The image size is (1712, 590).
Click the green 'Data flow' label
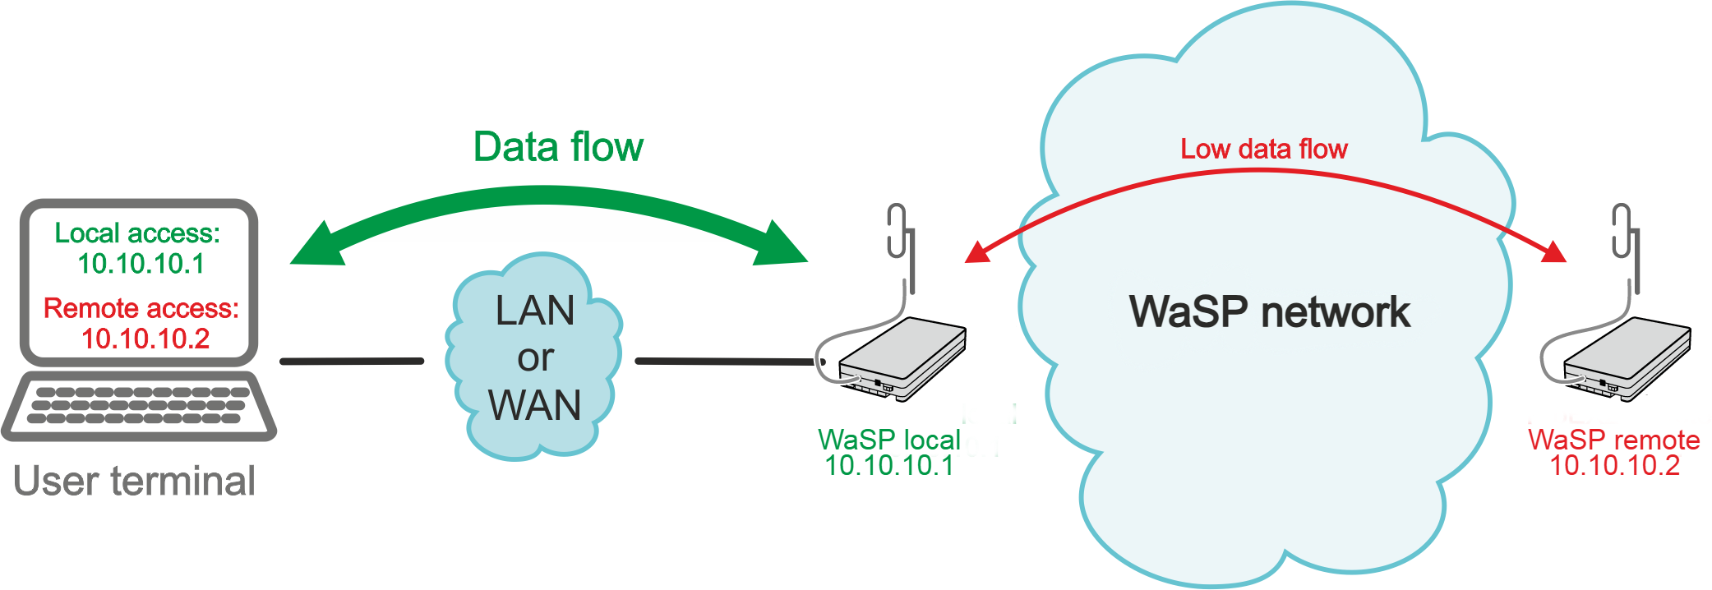point(558,147)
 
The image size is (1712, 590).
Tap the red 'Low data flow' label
point(1264,149)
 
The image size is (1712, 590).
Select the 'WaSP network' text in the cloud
point(1270,312)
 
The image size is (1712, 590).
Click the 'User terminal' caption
point(135,481)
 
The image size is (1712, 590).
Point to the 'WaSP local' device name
point(889,440)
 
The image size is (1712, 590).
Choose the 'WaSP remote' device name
point(1614,440)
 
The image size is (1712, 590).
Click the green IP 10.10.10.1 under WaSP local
point(889,466)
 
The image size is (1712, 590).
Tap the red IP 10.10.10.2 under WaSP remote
point(1614,466)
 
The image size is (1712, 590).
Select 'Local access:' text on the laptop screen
point(137,233)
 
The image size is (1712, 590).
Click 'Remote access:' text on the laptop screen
point(141,308)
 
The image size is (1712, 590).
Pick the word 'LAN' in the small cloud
point(535,311)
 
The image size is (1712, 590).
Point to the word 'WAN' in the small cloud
point(534,405)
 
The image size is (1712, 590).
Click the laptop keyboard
point(138,406)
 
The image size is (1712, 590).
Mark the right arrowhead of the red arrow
point(1553,251)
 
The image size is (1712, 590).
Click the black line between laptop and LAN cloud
point(352,361)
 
